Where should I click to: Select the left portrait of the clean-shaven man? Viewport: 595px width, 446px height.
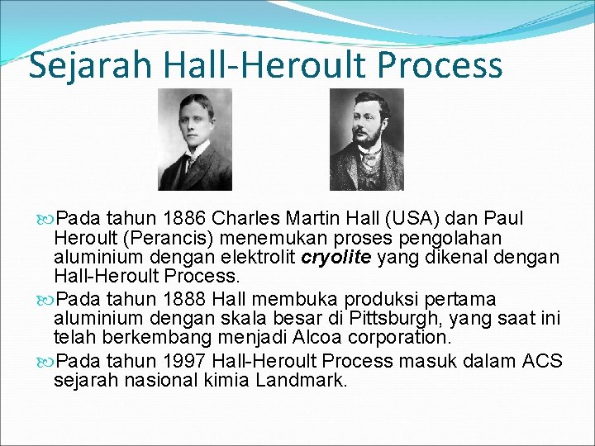coord(195,140)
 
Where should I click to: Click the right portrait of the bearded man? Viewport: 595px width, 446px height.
coord(367,140)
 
